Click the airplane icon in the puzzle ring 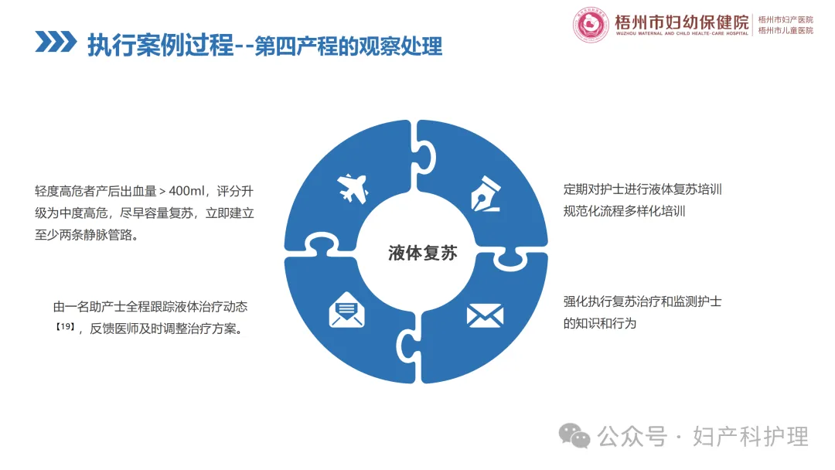point(353,189)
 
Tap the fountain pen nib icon point(486,194)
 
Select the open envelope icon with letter point(346,309)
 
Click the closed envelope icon point(485,315)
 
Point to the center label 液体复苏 point(422,253)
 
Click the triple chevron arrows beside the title point(56,42)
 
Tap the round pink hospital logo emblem point(591,25)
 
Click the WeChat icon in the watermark point(574,436)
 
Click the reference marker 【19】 point(66,327)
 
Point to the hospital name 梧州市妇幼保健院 point(682,22)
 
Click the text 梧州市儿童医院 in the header point(786,31)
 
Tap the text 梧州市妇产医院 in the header point(786,19)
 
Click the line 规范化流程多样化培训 point(624,211)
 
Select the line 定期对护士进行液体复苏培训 point(642,189)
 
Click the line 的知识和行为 point(600,324)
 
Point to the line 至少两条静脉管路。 point(87,235)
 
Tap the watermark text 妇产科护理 point(750,437)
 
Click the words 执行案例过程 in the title point(161,46)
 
